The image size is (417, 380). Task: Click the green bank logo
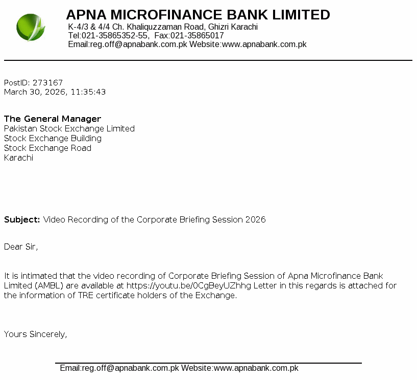(x=31, y=28)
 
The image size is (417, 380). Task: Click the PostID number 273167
(x=47, y=82)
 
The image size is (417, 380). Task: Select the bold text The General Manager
(x=53, y=119)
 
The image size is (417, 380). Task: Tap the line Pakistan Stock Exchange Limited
(x=69, y=128)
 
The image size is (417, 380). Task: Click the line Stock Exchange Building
(x=53, y=138)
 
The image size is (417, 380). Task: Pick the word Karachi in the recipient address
(x=18, y=158)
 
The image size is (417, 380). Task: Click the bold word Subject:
(x=22, y=219)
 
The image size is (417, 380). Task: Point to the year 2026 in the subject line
(x=255, y=219)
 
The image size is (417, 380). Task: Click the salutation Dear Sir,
(x=21, y=247)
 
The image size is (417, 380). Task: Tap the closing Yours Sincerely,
(x=35, y=334)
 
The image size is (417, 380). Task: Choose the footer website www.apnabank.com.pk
(x=256, y=368)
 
